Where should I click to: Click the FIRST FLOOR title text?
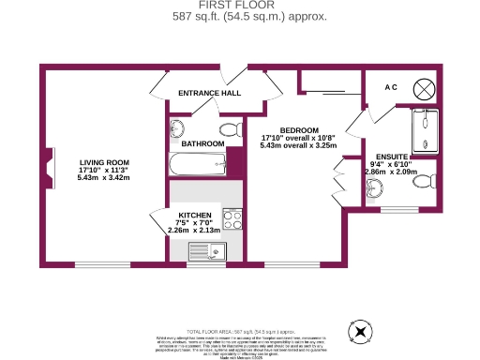click(x=239, y=6)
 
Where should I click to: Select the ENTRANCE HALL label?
click(x=211, y=94)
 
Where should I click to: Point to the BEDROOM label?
click(x=299, y=130)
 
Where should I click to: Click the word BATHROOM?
click(x=202, y=143)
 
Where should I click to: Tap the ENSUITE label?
click(x=391, y=157)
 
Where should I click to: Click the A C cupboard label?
click(x=391, y=87)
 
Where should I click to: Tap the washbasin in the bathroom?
click(x=179, y=128)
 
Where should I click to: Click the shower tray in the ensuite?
click(x=426, y=130)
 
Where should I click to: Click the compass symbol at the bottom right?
click(x=359, y=331)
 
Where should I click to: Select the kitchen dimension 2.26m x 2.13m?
click(x=193, y=231)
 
